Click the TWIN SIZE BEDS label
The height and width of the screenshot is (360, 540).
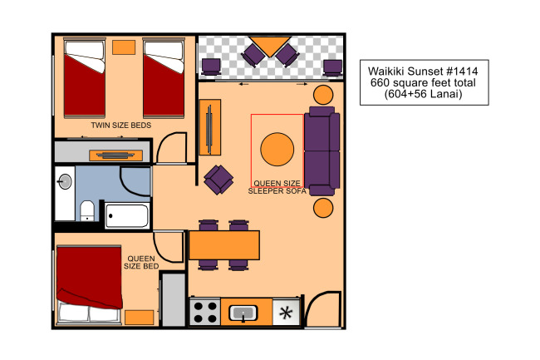click(x=121, y=125)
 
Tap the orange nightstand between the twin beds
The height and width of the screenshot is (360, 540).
click(x=124, y=47)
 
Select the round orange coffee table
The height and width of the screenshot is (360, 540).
click(x=277, y=149)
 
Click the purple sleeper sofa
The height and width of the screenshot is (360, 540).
click(x=322, y=150)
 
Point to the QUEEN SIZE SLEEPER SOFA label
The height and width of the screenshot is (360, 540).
click(x=277, y=187)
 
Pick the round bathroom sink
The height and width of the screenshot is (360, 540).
click(x=65, y=181)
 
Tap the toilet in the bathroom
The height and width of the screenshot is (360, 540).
click(x=87, y=211)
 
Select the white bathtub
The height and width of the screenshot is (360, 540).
click(x=127, y=215)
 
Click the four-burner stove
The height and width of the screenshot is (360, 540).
click(x=205, y=312)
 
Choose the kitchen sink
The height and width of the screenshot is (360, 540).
click(x=243, y=313)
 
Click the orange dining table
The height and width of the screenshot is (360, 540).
click(x=224, y=245)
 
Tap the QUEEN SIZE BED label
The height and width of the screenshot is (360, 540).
click(x=141, y=262)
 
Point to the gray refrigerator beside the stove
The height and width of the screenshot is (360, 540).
click(x=174, y=299)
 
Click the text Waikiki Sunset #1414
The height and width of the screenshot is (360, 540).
click(x=423, y=72)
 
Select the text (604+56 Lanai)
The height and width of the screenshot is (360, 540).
click(x=423, y=94)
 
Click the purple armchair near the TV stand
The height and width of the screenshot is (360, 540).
click(x=218, y=180)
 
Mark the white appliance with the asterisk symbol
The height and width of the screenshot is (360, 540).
click(x=286, y=312)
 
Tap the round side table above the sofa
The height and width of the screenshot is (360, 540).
click(x=323, y=95)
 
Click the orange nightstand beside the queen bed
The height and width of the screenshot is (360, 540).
click(x=139, y=318)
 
